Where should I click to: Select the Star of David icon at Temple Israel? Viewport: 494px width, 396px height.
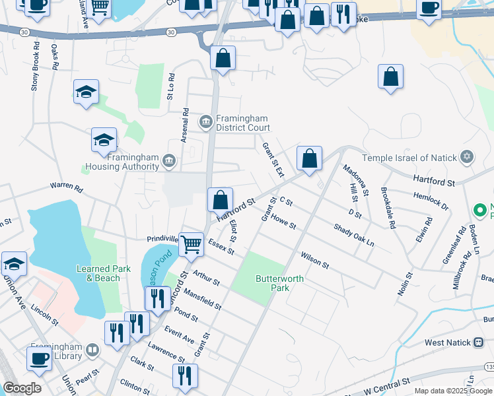tap(468, 156)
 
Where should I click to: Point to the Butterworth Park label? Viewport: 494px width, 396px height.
tap(280, 284)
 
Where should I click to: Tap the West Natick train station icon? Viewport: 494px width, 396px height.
tap(479, 342)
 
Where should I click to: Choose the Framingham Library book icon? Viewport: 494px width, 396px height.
tap(92, 349)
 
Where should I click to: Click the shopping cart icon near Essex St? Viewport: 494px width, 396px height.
tap(192, 244)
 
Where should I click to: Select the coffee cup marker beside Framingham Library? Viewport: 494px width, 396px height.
tap(39, 358)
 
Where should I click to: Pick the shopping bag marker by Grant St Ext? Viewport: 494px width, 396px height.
tap(309, 158)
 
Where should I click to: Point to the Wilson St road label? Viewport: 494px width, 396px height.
tap(314, 259)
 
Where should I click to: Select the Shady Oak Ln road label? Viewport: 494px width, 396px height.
tap(354, 234)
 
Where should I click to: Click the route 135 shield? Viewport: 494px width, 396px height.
tap(489, 366)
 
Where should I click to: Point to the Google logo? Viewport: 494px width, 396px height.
tap(22, 388)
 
